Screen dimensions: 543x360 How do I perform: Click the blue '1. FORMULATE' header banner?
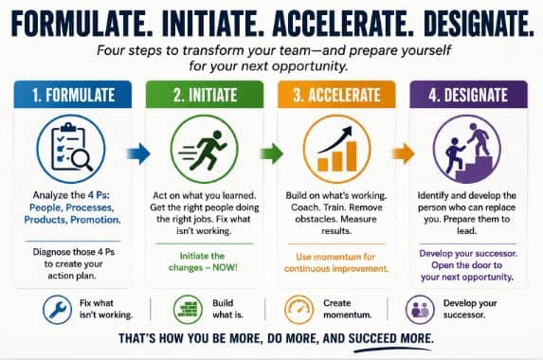[73, 95]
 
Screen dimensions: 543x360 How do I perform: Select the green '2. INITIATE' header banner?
[205, 95]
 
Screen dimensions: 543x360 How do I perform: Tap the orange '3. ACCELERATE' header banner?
[336, 95]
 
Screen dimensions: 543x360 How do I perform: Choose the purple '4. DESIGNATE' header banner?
[468, 95]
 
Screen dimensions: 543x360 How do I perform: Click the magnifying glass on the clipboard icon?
[82, 160]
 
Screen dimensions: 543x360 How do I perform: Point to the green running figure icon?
[204, 150]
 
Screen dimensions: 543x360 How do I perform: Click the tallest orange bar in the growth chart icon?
[352, 156]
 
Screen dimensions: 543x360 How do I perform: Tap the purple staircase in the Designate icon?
[474, 170]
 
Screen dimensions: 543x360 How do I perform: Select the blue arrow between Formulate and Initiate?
[138, 153]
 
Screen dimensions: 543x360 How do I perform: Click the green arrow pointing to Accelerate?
[271, 153]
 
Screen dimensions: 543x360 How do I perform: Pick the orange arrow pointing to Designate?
[403, 153]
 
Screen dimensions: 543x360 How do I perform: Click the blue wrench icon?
[57, 310]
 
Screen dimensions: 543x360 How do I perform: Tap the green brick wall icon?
[188, 310]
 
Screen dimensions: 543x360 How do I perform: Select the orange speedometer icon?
[299, 310]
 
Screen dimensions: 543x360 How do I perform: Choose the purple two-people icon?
[420, 310]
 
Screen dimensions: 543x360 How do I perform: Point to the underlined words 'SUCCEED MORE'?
[391, 338]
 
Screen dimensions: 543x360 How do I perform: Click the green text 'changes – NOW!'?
[203, 267]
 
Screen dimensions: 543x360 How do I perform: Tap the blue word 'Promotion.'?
[96, 220]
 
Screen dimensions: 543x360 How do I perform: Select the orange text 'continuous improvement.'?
[336, 269]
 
